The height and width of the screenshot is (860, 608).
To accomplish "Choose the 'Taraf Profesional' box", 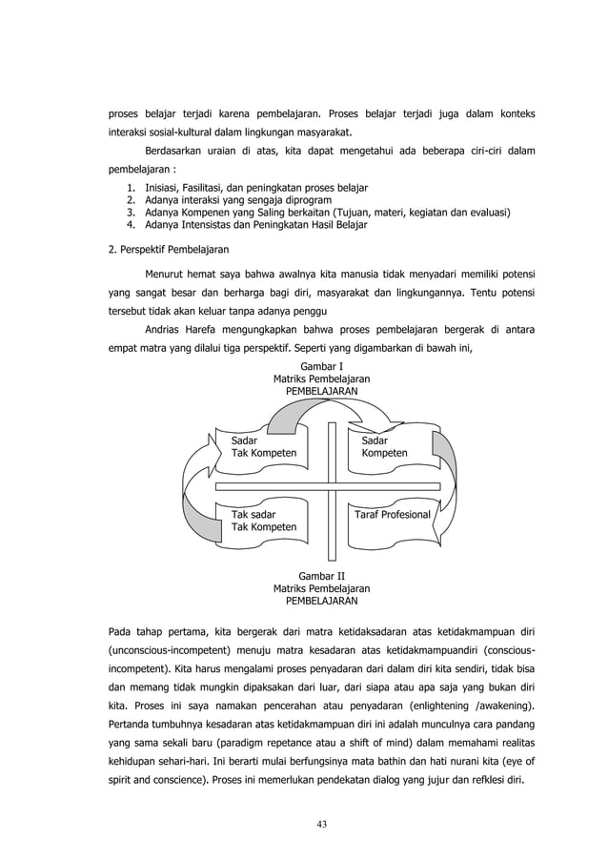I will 392,515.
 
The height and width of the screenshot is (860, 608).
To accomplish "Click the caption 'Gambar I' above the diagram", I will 321,366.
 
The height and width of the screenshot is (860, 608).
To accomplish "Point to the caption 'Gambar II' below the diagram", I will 321,577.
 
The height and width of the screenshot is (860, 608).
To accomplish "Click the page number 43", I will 321,824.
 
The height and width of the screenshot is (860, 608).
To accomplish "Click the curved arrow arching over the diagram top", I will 321,410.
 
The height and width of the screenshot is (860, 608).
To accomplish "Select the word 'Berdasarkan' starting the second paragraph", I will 173,152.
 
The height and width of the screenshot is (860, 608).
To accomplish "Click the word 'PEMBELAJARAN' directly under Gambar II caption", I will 321,602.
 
